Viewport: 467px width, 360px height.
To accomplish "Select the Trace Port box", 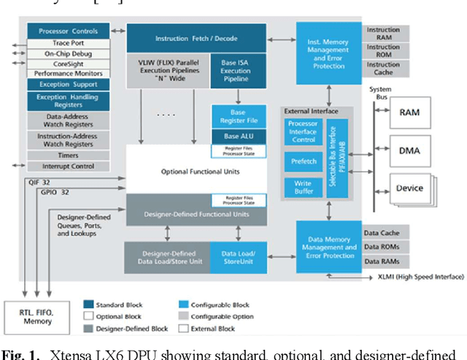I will tap(69, 43).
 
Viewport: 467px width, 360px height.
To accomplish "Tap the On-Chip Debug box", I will tap(69, 53).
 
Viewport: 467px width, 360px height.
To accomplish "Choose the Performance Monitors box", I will tap(69, 74).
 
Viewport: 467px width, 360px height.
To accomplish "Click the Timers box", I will tap(69, 156).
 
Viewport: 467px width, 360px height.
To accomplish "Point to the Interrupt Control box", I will tap(69, 166).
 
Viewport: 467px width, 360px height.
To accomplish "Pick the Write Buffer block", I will tap(303, 188).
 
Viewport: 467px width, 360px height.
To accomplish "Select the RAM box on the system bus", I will tap(409, 113).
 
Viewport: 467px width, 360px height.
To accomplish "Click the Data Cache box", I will tap(381, 234).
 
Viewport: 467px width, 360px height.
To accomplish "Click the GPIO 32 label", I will tap(55, 193).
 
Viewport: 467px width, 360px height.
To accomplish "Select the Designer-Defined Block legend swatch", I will tap(89, 329).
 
